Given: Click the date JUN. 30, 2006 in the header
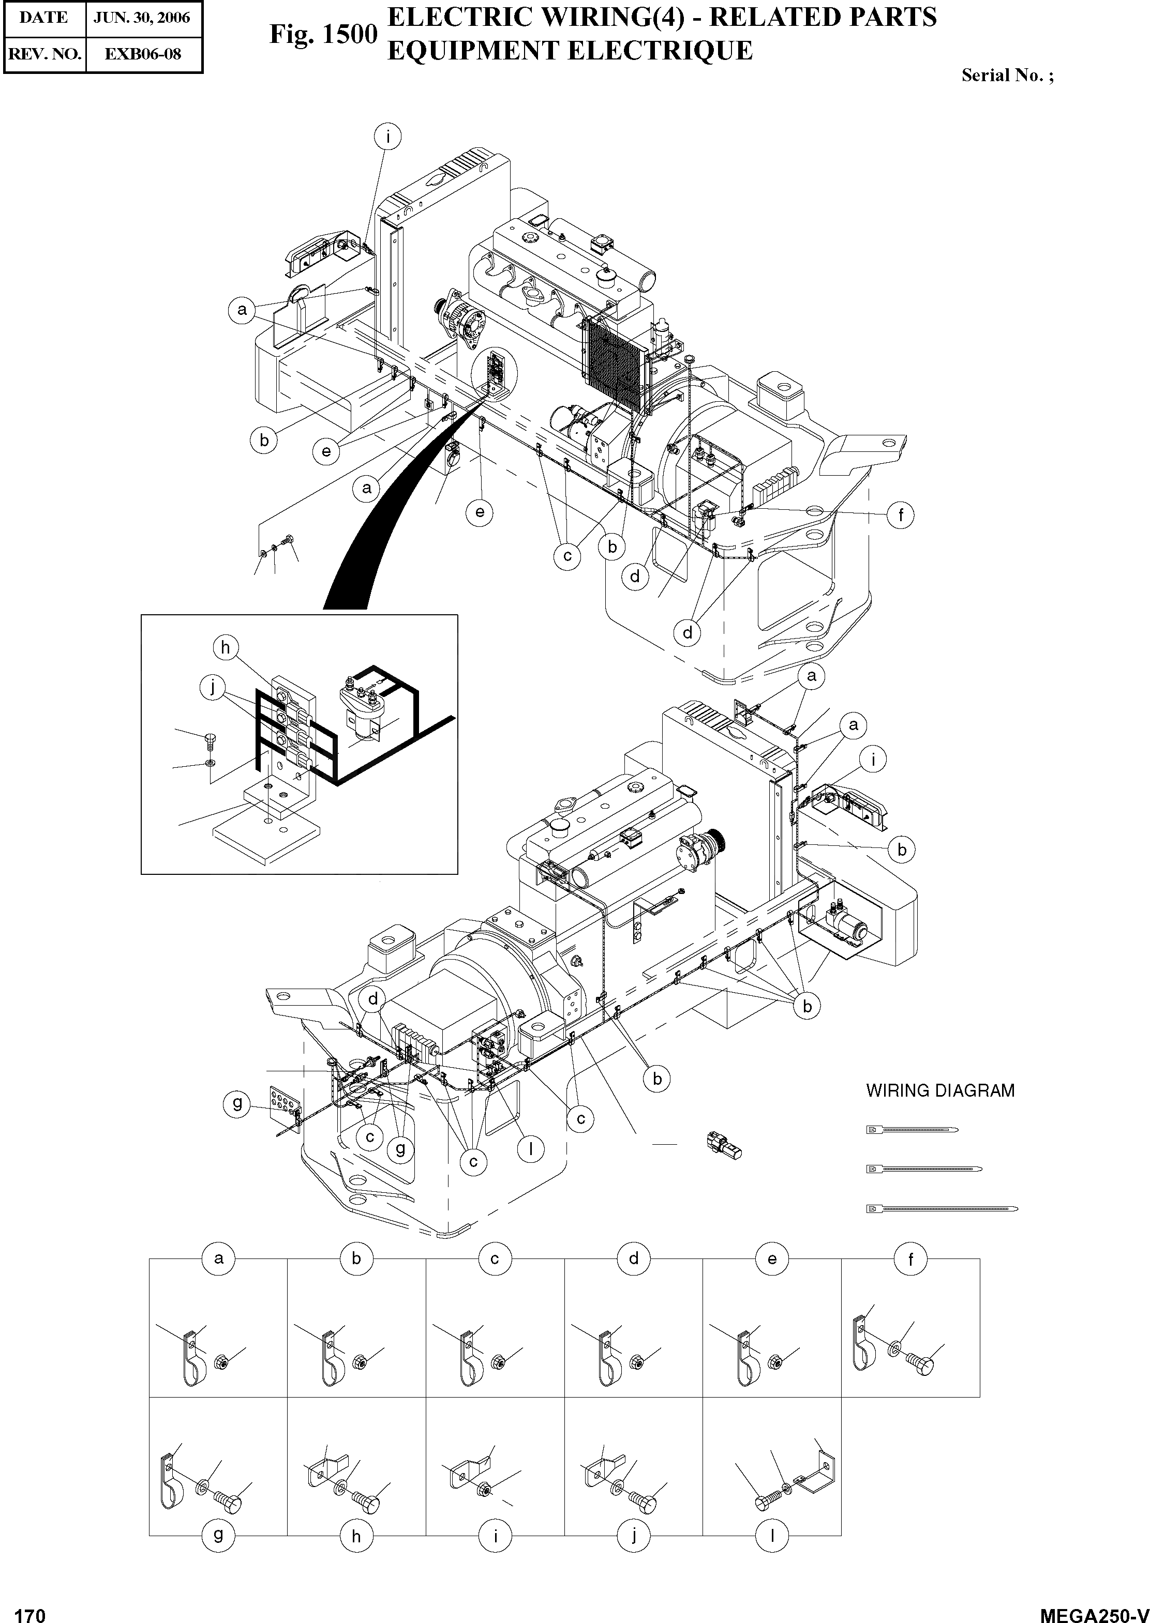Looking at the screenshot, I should pos(142,18).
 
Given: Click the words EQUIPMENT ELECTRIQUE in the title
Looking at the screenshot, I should pos(570,51).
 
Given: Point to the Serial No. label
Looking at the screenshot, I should pos(1007,75).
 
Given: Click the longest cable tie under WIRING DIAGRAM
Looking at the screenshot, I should pos(943,1208).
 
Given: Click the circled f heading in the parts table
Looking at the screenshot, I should pos(910,1259).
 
